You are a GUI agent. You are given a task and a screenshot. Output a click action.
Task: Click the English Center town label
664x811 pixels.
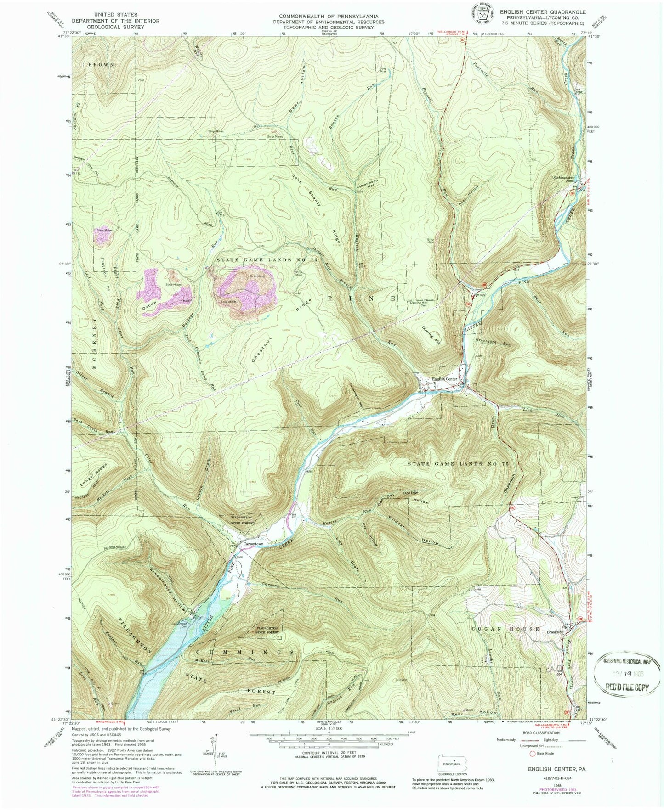coord(444,379)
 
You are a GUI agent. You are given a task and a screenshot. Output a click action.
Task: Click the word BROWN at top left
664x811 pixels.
coord(102,65)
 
